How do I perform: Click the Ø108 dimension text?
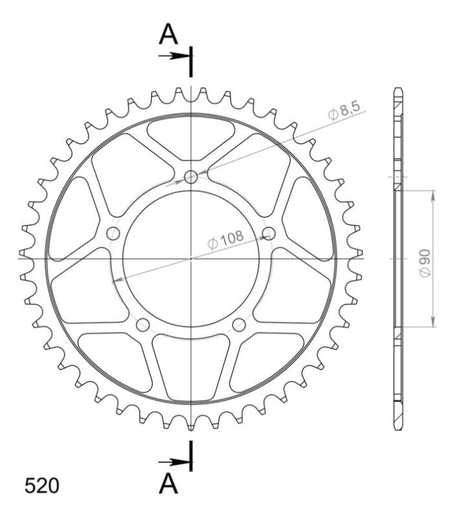pyautogui.click(x=226, y=238)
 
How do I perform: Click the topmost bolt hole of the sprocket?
pyautogui.click(x=191, y=177)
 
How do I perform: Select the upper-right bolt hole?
pyautogui.click(x=269, y=232)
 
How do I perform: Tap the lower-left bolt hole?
pyautogui.click(x=143, y=324)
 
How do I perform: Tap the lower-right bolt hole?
pyautogui.click(x=239, y=324)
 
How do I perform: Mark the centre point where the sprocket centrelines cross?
pyautogui.click(x=191, y=258)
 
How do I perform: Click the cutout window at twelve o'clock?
pyautogui.click(x=191, y=138)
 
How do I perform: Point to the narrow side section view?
pyautogui.click(x=398, y=258)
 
